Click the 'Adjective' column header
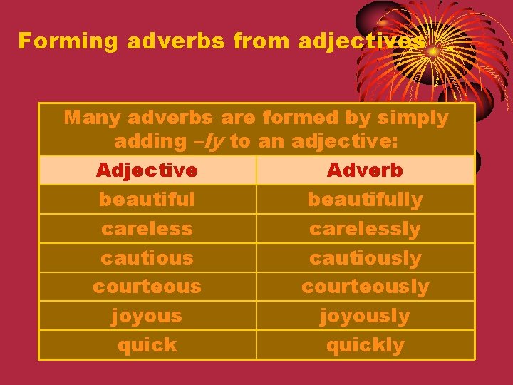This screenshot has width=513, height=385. click(147, 170)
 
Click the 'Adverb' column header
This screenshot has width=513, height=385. click(365, 170)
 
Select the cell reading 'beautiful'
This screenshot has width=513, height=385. click(147, 200)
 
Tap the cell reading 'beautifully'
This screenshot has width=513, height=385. click(365, 200)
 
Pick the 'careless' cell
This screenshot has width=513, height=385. click(147, 229)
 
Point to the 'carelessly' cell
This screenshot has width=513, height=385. click(365, 229)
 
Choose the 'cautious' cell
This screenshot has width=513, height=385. click(147, 258)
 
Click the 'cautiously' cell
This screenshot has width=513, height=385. click(365, 258)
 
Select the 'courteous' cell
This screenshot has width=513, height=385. click(147, 287)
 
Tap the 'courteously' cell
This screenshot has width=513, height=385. click(365, 287)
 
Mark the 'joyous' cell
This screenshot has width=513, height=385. click(147, 316)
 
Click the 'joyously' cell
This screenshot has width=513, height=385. click(365, 316)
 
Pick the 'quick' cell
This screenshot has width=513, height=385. click(147, 345)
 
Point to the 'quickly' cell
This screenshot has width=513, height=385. click(365, 345)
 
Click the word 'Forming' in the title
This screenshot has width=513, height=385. click(68, 41)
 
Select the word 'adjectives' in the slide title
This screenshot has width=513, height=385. click(361, 42)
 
